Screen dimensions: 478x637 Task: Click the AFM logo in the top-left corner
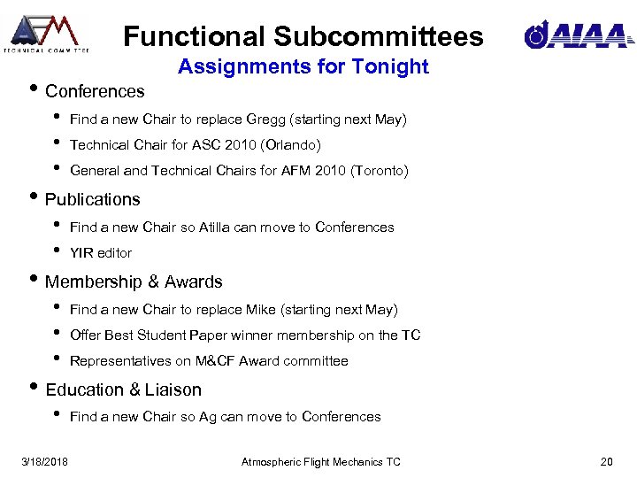(45, 33)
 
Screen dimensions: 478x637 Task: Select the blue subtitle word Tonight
(395, 66)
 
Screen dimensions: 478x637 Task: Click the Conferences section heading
(95, 91)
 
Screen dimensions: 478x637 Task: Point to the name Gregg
(265, 119)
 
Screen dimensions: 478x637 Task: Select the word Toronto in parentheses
(380, 171)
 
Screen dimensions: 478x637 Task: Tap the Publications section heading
(93, 199)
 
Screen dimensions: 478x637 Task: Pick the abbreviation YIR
(81, 253)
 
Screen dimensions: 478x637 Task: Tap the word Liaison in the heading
(173, 389)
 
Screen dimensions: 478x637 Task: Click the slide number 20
(606, 462)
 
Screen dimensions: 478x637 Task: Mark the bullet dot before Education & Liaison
(35, 389)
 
